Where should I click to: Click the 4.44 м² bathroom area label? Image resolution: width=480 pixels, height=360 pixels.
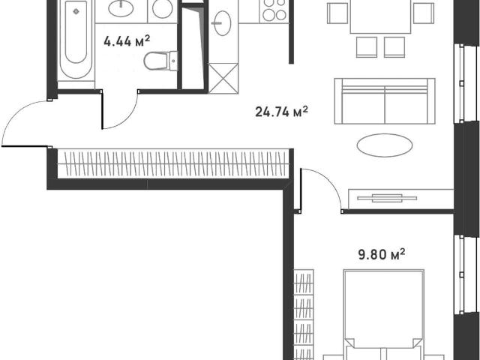pos(127,41)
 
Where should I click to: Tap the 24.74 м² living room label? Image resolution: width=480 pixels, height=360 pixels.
pos(281,112)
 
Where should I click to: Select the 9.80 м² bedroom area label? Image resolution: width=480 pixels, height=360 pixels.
pos(382,254)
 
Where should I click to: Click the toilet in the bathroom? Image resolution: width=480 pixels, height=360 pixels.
pos(160,61)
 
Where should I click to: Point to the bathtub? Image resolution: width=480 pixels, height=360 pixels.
pos(76,39)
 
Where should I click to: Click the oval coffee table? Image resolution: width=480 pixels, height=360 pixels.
pos(385,145)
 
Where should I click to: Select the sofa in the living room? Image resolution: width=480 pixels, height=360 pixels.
pos(385,101)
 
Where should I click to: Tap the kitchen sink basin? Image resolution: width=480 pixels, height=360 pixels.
pos(222,23)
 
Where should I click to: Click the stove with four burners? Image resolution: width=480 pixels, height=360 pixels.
pos(274,11)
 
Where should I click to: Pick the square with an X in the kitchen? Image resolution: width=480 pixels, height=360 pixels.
pos(223,78)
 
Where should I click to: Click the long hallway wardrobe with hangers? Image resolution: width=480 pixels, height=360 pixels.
pos(173,163)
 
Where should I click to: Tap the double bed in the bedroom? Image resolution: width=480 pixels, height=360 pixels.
pos(383,315)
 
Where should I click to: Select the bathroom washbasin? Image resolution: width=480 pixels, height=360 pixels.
pos(121,8)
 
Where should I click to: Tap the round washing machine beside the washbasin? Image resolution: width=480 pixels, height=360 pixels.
pos(162,8)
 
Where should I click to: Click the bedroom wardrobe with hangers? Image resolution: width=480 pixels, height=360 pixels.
pos(304,315)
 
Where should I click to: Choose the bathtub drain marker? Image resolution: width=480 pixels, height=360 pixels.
pos(76,12)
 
